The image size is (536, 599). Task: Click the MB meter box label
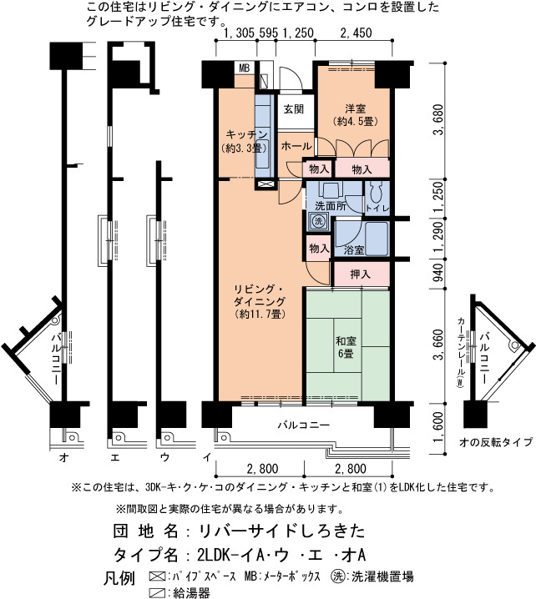(245, 68)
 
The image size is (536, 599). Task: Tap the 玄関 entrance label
(294, 109)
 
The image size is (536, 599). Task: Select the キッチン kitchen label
(246, 135)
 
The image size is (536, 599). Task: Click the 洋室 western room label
(356, 109)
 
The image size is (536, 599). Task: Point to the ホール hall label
(296, 146)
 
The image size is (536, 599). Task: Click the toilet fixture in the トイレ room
(377, 193)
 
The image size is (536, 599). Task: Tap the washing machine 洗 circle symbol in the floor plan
(318, 221)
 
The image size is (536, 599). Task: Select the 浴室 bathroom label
(354, 250)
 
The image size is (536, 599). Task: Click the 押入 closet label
(361, 274)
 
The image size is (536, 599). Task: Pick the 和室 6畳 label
(346, 347)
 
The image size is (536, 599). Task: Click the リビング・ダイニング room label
(259, 295)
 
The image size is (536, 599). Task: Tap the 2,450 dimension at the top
(356, 33)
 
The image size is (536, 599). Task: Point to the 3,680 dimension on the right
(439, 119)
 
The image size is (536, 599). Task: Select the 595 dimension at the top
(268, 33)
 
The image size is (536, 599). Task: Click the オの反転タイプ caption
(495, 442)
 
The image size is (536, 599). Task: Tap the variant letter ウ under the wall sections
(164, 457)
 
